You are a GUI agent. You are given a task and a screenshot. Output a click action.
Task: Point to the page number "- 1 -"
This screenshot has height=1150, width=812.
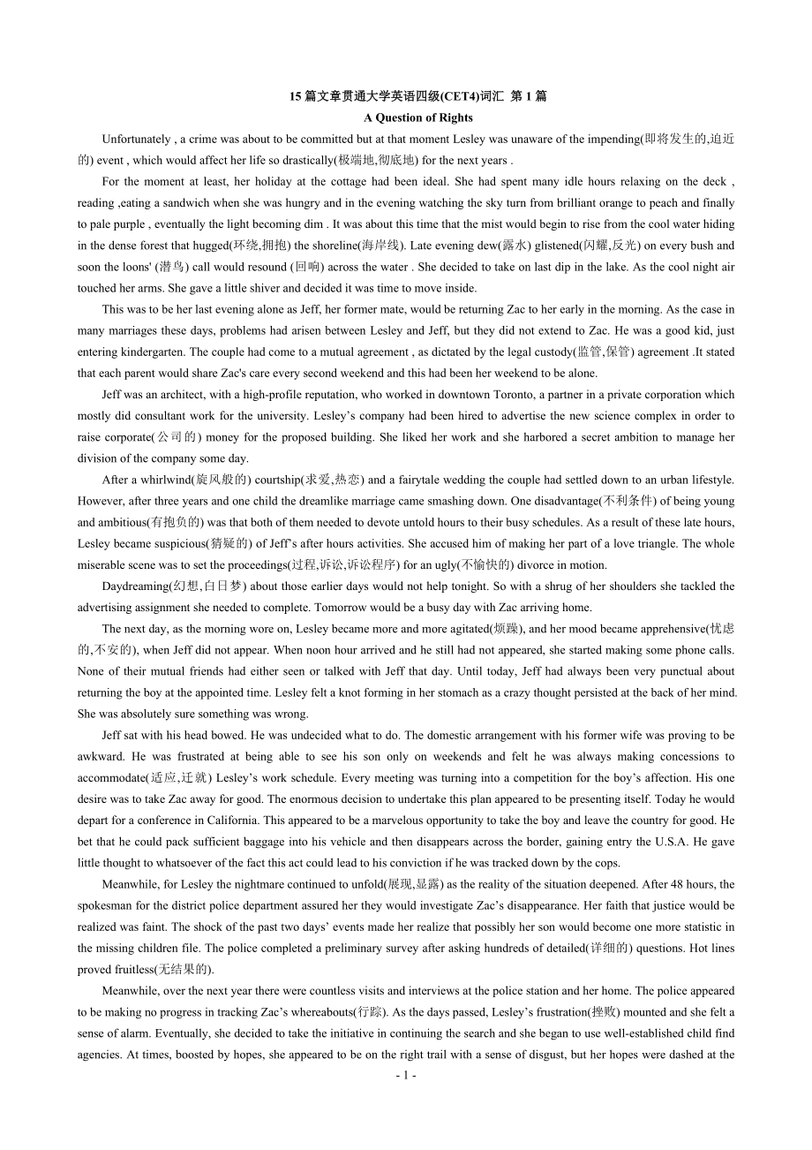click(x=405, y=1075)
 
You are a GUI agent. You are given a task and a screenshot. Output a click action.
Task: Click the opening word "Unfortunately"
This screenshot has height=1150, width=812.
click(x=137, y=139)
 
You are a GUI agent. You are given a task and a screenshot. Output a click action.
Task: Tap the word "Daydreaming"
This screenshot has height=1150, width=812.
click(x=135, y=586)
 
